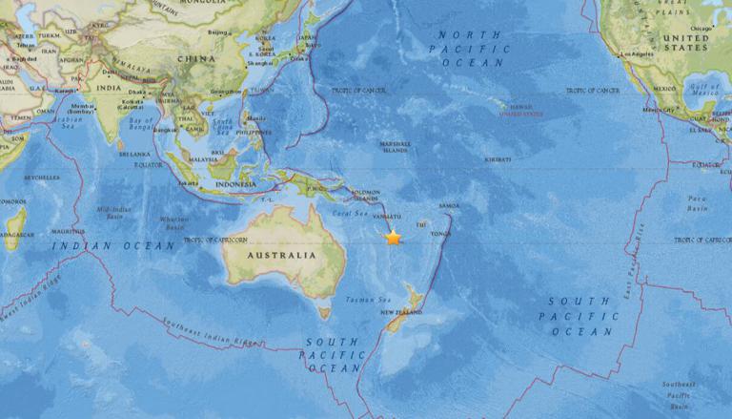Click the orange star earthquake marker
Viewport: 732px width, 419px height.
[393, 238]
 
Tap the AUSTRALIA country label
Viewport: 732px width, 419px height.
[281, 256]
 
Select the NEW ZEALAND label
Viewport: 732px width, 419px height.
[401, 313]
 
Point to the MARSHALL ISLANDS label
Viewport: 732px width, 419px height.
[395, 146]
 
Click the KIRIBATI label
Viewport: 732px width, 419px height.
[497, 159]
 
